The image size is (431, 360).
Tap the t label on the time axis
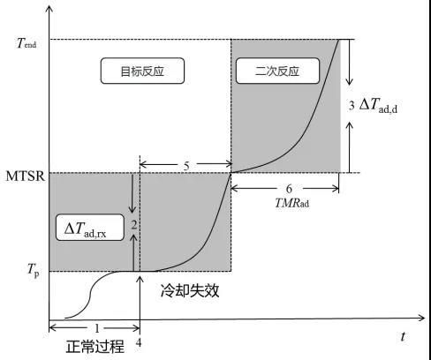point(403,336)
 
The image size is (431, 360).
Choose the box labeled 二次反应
point(272,71)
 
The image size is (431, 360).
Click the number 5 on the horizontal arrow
point(185,164)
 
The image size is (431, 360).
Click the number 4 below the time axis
point(140,344)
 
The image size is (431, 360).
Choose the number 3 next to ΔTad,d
point(352,107)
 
